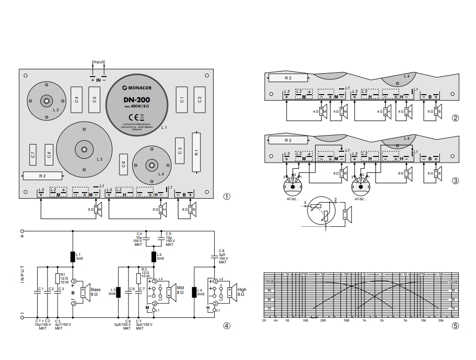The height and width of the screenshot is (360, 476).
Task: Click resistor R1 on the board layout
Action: (x=196, y=153)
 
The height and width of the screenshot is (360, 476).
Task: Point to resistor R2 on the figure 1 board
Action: (x=42, y=175)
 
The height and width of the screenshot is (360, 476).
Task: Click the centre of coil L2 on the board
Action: (x=46, y=101)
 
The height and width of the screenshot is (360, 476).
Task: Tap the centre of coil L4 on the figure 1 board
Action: (x=151, y=165)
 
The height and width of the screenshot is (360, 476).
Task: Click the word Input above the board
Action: (x=99, y=62)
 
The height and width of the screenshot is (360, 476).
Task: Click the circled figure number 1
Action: (x=227, y=196)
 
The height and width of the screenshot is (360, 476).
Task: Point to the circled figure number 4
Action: (x=227, y=326)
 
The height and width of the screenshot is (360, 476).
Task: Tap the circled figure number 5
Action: (x=456, y=326)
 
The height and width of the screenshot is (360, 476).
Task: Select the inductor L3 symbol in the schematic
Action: (x=119, y=291)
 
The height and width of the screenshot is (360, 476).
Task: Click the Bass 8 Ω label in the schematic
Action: (x=95, y=292)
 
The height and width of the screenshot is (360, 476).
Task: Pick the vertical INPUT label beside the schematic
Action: (x=22, y=274)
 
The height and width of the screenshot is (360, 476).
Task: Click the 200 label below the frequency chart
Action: (x=323, y=321)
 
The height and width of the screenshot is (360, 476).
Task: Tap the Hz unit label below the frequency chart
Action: (x=276, y=321)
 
